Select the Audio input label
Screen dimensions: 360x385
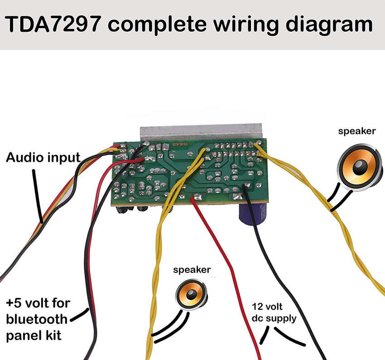[x=43, y=158]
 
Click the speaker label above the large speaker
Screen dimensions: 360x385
[x=357, y=131]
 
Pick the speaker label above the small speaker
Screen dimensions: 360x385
[x=192, y=270]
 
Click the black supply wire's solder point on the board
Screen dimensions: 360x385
[x=246, y=186]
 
